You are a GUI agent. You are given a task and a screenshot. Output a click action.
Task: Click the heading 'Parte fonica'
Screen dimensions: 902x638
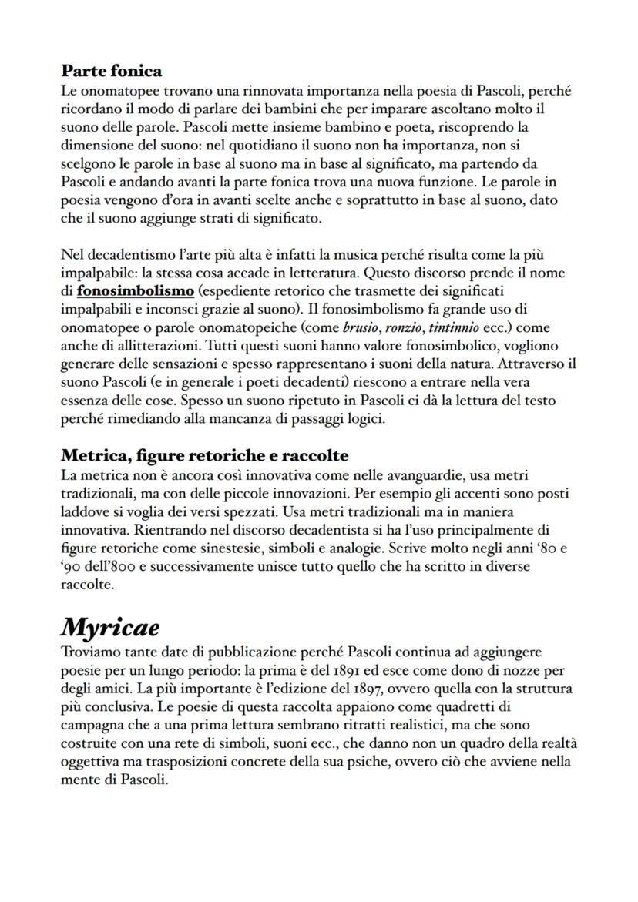point(111,71)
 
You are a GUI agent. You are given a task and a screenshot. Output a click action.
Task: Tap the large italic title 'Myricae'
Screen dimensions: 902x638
point(110,627)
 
